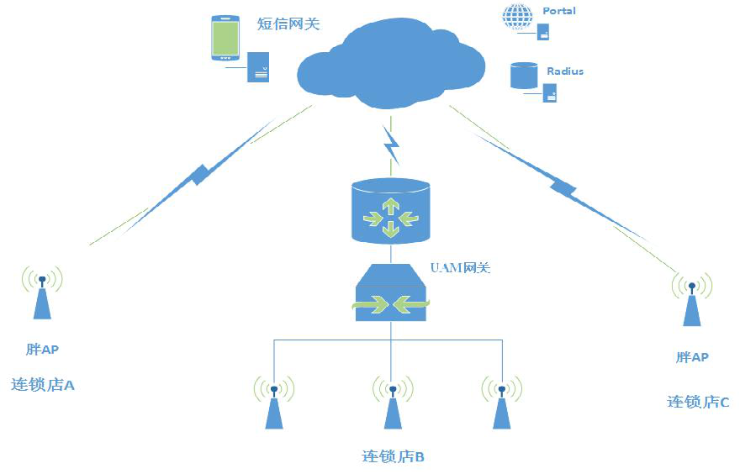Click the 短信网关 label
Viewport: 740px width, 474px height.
(288, 24)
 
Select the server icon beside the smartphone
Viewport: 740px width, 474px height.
(258, 67)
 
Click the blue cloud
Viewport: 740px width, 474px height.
(391, 63)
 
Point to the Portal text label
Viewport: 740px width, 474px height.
(559, 11)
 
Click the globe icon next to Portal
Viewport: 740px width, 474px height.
(517, 18)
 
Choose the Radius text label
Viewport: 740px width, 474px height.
(564, 71)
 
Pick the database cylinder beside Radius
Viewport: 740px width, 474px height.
(523, 76)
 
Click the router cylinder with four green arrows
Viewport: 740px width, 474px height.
(390, 211)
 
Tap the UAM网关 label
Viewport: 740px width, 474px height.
(460, 268)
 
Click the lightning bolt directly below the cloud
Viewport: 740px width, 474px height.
(392, 145)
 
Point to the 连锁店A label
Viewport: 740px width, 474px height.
(43, 385)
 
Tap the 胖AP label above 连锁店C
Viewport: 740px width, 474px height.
(692, 357)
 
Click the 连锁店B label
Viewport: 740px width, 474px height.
(393, 456)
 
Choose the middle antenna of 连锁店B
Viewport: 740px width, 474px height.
(392, 403)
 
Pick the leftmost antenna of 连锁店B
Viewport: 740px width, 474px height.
(273, 403)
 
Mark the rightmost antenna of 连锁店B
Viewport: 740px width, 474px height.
(501, 403)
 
